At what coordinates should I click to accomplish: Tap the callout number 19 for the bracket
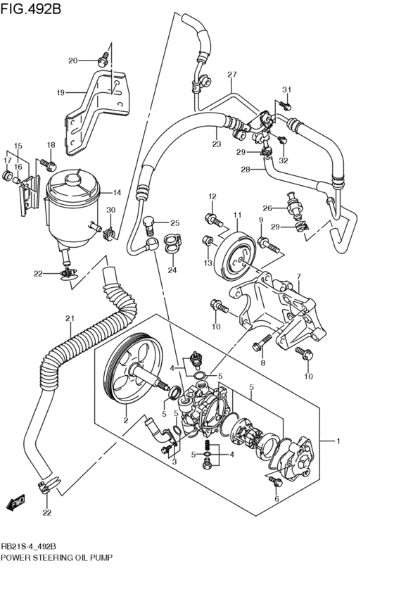[x=61, y=92]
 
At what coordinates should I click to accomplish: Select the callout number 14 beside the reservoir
[x=117, y=192]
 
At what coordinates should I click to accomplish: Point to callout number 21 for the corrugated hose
[x=70, y=319]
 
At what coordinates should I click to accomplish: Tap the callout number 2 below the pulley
[x=126, y=420]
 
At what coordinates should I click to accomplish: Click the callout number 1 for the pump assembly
[x=338, y=441]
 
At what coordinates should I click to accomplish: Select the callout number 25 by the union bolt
[x=175, y=223]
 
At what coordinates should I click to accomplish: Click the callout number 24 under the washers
[x=172, y=269]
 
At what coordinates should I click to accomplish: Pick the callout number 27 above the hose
[x=232, y=75]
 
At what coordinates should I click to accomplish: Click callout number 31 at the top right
[x=286, y=89]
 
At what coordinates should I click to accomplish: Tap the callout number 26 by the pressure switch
[x=267, y=208]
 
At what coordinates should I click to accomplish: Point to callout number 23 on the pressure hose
[x=217, y=144]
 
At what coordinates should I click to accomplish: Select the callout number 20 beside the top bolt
[x=92, y=61]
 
